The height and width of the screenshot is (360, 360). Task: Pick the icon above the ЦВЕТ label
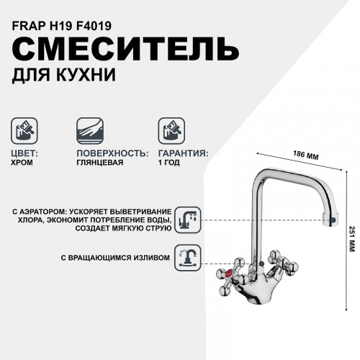(24, 130)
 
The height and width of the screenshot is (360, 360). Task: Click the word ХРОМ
(26, 163)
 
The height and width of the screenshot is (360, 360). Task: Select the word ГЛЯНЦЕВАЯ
(99, 163)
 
